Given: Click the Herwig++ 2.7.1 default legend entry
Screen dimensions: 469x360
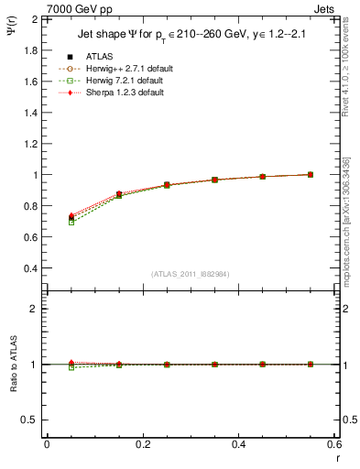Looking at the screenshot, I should [104, 68].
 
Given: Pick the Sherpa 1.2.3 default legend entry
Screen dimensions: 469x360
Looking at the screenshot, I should [104, 93].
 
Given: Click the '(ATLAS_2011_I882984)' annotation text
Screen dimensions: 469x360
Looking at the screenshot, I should [190, 274].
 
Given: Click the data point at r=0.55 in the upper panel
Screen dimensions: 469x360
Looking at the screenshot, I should [311, 174].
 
